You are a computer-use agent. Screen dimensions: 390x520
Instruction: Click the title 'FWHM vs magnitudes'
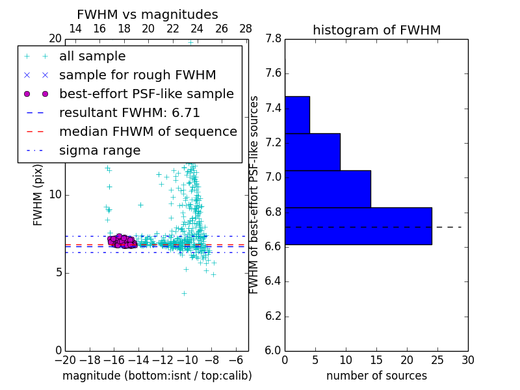pyautogui.click(x=147, y=14)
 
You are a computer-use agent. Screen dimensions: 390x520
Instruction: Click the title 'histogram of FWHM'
pyautogui.click(x=376, y=30)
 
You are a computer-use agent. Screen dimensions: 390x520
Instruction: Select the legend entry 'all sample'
pyautogui.click(x=92, y=57)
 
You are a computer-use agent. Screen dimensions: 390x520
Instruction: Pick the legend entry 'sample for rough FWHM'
pyautogui.click(x=137, y=75)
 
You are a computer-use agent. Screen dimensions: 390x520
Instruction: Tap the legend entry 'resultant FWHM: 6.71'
pyautogui.click(x=129, y=113)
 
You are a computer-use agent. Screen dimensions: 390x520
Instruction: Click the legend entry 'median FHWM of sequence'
pyautogui.click(x=148, y=132)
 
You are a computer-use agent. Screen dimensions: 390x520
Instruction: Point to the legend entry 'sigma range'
pyautogui.click(x=99, y=151)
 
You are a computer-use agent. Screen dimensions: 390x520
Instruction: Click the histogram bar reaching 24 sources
pyautogui.click(x=358, y=226)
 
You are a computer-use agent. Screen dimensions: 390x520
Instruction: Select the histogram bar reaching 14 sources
pyautogui.click(x=328, y=188)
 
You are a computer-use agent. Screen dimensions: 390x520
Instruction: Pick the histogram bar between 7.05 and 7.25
pyautogui.click(x=312, y=151)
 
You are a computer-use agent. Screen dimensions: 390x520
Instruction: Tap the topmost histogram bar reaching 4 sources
pyautogui.click(x=297, y=114)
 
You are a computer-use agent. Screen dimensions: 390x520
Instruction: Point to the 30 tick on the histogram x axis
pyautogui.click(x=468, y=359)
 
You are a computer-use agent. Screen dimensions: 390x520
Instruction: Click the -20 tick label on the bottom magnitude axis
pyautogui.click(x=65, y=359)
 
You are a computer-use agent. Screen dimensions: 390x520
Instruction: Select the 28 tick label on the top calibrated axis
pyautogui.click(x=246, y=29)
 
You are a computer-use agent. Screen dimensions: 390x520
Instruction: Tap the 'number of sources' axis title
pyautogui.click(x=376, y=376)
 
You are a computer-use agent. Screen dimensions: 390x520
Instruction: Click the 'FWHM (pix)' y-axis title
pyautogui.click(x=38, y=194)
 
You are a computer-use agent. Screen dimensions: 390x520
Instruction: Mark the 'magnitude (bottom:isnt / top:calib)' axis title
pyautogui.click(x=157, y=376)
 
